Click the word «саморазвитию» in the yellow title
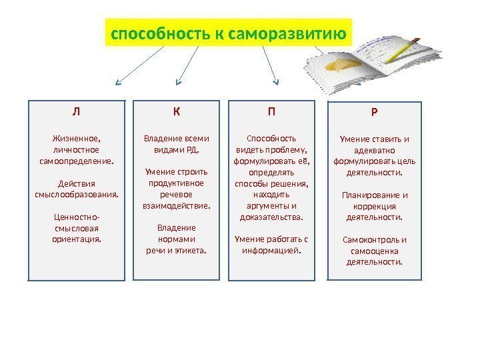point(291,33)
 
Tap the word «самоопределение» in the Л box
point(75,161)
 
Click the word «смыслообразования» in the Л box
point(75,194)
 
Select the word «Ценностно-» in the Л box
point(75,217)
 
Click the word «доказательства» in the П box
point(271,217)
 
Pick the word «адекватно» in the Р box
point(375,150)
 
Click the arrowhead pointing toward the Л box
point(117,83)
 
